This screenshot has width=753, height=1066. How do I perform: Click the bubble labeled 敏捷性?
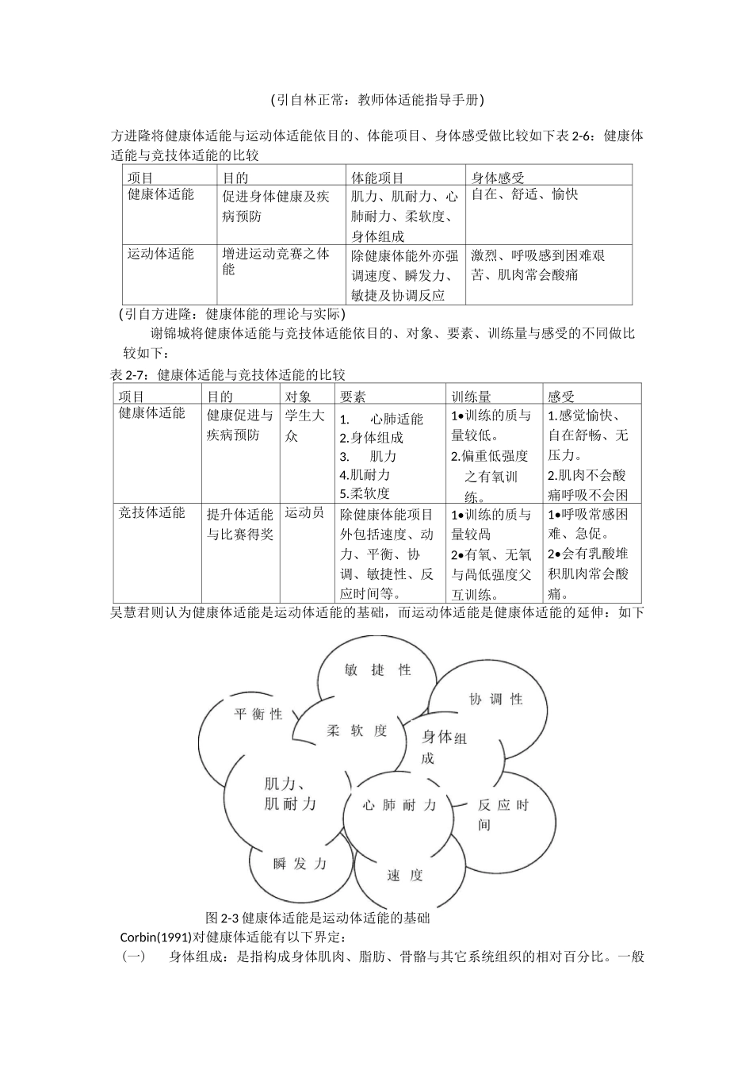(377, 670)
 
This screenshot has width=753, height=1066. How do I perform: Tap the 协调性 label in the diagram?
(496, 699)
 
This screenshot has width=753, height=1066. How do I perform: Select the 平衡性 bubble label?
(258, 714)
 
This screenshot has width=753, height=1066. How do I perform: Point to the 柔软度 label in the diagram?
(357, 730)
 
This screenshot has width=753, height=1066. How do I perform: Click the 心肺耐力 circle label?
(399, 805)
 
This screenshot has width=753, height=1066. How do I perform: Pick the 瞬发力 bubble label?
(300, 864)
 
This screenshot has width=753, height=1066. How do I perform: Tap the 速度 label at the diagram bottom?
(405, 876)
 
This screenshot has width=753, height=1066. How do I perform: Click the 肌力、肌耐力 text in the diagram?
(289, 794)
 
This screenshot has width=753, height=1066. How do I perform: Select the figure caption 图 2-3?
(317, 918)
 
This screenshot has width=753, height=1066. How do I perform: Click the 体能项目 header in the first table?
(378, 178)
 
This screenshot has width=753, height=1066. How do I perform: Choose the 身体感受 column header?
(498, 178)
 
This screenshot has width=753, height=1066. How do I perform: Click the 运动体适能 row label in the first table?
(161, 254)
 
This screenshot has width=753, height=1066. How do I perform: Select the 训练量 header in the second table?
(472, 396)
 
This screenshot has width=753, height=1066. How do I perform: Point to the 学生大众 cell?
(304, 425)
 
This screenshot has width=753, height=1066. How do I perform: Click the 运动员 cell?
(304, 513)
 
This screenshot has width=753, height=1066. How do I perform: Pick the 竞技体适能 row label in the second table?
(152, 513)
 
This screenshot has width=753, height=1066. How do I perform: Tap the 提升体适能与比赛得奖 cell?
(240, 524)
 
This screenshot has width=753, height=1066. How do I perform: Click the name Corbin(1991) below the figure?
(155, 937)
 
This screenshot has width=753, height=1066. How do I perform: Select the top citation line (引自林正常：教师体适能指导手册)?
(376, 100)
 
